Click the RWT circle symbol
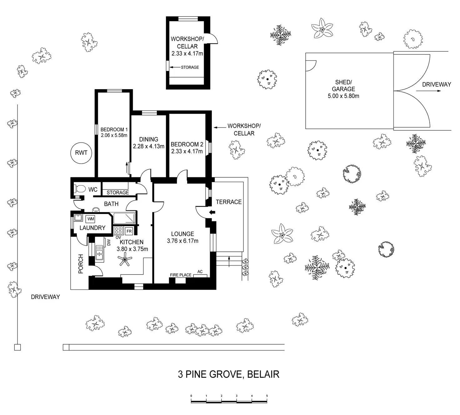point(81,153)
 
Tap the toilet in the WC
point(79,189)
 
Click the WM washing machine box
point(91,219)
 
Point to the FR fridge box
point(129,231)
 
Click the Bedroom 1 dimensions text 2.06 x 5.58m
point(114,135)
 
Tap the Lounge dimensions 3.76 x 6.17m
point(182,241)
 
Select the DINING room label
point(148,139)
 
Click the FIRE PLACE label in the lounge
point(181,275)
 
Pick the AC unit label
point(200,271)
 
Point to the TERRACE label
point(229,202)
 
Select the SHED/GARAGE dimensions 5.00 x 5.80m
point(343,96)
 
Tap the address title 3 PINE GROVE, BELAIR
point(228,374)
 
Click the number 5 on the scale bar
point(267,396)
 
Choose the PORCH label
point(81,264)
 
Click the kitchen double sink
point(99,253)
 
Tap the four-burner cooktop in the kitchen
point(118,231)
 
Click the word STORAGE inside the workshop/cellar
point(190,67)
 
